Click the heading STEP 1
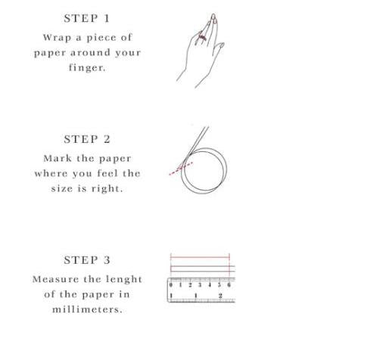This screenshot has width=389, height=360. [x=87, y=18]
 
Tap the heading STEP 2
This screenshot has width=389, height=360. [x=87, y=139]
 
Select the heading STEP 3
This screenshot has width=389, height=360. [x=87, y=260]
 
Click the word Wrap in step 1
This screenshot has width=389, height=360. [x=57, y=38]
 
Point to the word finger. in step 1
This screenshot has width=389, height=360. [x=87, y=67]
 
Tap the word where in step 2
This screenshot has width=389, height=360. [x=51, y=173]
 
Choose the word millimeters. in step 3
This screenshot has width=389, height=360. [x=87, y=309]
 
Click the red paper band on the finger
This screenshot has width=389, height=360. [x=202, y=38]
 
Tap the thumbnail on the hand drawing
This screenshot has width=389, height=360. [x=222, y=45]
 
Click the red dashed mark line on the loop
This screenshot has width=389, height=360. [x=181, y=169]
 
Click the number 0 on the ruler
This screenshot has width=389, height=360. [x=171, y=285]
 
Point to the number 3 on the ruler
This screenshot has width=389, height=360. [x=200, y=285]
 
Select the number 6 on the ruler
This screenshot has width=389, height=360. [x=229, y=285]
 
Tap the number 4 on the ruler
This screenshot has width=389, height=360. [x=210, y=285]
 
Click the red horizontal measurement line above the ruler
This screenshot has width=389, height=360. [x=200, y=257]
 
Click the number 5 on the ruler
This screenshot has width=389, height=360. [x=219, y=285]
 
